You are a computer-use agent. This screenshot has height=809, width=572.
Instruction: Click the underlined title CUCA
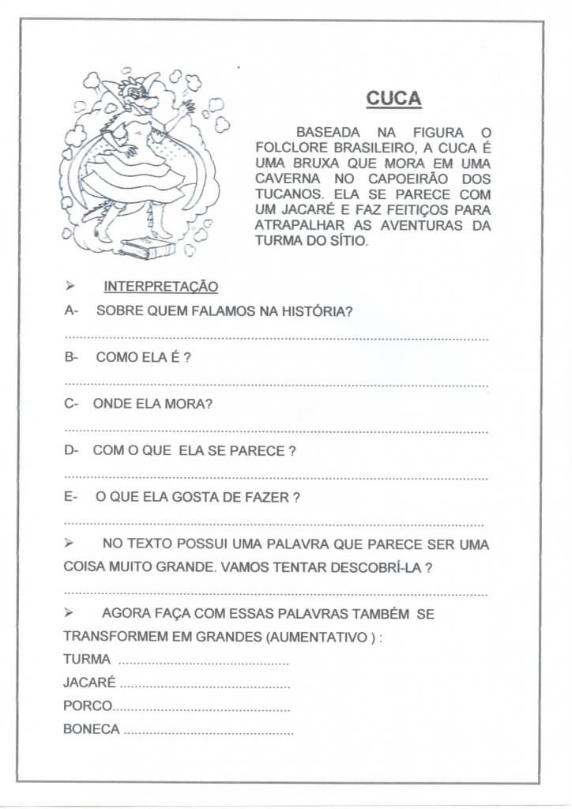(393, 99)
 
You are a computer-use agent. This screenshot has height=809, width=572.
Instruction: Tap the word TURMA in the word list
(87, 660)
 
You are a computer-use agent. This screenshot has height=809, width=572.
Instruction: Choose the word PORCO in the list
(88, 706)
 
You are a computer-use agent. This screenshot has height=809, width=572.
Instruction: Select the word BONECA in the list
(92, 729)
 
